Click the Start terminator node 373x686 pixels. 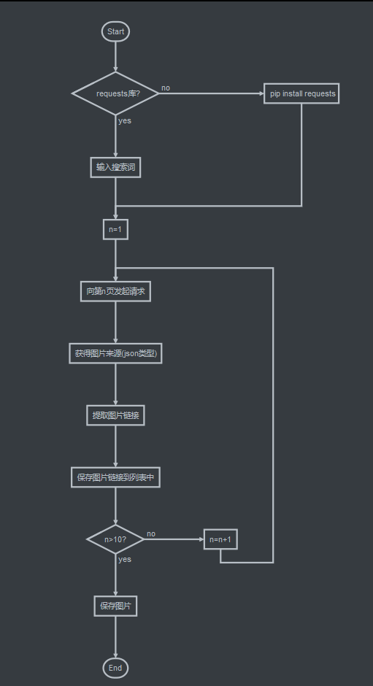coord(115,31)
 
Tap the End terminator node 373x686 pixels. coord(115,668)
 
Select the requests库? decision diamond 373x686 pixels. coord(115,93)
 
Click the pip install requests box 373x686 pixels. coord(301,93)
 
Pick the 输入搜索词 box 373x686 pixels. coord(115,167)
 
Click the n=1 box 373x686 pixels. coord(115,229)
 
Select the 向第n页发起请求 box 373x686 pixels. coord(115,291)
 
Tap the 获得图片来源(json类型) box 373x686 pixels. coord(115,353)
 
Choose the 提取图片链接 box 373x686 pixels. coord(115,416)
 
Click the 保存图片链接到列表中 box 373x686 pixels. coord(115,477)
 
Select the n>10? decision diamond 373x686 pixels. coord(115,539)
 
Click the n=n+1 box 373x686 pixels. coord(220,539)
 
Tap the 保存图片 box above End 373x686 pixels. coord(115,606)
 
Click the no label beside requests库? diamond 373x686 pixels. coord(166,88)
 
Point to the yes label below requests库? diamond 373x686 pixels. coord(125,120)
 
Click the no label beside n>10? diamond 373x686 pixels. coord(151,533)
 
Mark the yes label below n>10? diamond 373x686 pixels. coord(125,560)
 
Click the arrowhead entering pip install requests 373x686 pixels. coord(261,93)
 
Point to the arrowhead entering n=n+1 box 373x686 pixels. coord(201,539)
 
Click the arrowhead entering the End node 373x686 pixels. coord(115,656)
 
